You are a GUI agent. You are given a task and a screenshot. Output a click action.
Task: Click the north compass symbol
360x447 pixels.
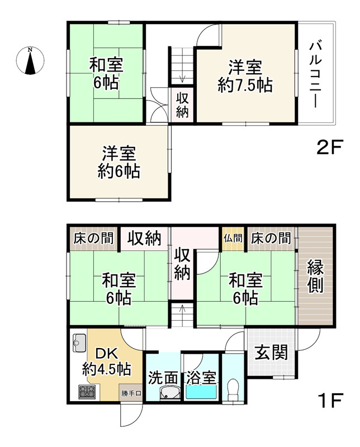[x=30, y=60]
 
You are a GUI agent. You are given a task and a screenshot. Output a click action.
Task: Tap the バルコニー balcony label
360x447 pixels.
[x=316, y=75]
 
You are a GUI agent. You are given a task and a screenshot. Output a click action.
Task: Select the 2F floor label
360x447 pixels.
[x=329, y=147]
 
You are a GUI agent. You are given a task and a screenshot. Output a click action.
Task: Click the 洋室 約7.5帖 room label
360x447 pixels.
[x=245, y=77]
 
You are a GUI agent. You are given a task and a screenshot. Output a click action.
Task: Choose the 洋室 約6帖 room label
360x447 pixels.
[x=119, y=162]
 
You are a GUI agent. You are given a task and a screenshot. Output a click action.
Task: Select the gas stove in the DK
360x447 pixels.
[x=88, y=392]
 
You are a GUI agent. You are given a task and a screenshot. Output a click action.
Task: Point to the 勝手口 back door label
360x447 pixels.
[x=131, y=394]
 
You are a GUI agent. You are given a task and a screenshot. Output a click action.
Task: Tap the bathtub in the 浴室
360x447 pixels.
[x=201, y=392]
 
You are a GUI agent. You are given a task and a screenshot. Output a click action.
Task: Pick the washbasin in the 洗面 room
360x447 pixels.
[x=170, y=393]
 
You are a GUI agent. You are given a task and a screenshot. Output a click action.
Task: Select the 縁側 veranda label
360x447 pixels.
[x=315, y=277]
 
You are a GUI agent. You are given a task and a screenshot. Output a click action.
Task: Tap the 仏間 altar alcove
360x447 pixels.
[x=233, y=239]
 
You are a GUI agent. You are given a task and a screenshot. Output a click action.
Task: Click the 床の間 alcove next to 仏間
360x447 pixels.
[x=271, y=239]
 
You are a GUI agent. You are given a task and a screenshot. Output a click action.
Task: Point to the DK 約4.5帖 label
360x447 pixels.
[x=107, y=362]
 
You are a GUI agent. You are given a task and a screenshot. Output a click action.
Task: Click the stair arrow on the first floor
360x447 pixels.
[x=182, y=309]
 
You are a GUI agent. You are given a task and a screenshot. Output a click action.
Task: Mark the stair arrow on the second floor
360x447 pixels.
[x=183, y=78]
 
